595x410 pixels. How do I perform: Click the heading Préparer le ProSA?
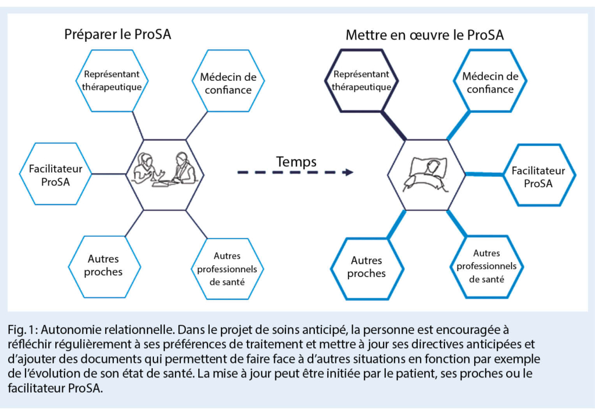pos(117,34)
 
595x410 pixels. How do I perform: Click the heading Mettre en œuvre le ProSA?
pos(424,35)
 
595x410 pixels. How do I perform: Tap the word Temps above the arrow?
pos(296,161)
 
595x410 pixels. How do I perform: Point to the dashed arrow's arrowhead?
pos(349,172)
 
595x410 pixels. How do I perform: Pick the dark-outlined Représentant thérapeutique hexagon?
pos(361,80)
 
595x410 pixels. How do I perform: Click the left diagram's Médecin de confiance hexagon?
pos(228,82)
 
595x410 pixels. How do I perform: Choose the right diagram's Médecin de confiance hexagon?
pos(490,82)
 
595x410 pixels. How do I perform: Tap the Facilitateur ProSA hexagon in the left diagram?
pos(55,174)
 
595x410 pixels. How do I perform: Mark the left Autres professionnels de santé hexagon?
pos(227,268)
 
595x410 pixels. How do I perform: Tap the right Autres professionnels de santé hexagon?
pos(486,266)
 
